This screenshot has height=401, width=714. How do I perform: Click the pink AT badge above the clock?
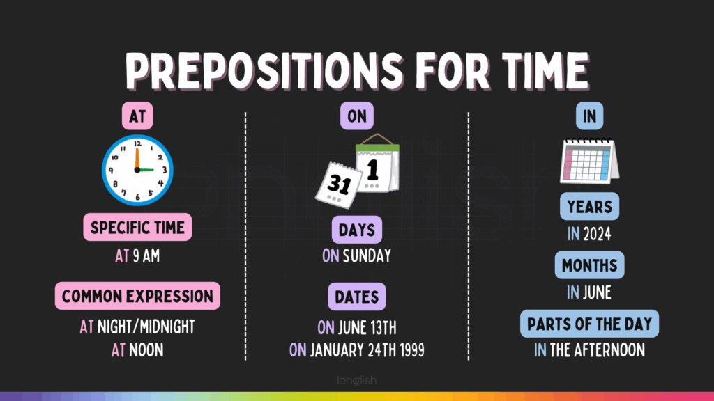[137, 116]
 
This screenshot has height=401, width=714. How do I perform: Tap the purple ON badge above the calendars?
[357, 116]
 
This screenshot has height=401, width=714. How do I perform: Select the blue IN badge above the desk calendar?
[589, 116]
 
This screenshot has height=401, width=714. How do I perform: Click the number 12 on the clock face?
[137, 143]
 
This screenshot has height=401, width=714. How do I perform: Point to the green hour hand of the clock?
[146, 170]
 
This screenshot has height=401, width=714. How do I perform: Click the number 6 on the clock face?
[137, 197]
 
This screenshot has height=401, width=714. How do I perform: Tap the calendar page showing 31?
[339, 184]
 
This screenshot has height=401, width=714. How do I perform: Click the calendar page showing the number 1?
[377, 166]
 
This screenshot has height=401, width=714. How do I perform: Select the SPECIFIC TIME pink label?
[137, 228]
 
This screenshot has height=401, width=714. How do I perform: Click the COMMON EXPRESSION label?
[137, 297]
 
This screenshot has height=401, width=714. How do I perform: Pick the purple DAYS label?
[357, 230]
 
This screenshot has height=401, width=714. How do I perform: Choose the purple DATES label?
[357, 297]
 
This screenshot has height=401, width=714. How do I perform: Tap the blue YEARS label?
[589, 207]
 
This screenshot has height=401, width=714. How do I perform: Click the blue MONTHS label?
[589, 265]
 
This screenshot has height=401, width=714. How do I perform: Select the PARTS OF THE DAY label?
[589, 324]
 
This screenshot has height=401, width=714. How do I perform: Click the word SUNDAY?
[367, 256]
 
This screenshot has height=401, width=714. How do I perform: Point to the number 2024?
[597, 234]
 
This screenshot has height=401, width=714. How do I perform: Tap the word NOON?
[146, 350]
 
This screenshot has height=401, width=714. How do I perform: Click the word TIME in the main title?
[545, 71]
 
